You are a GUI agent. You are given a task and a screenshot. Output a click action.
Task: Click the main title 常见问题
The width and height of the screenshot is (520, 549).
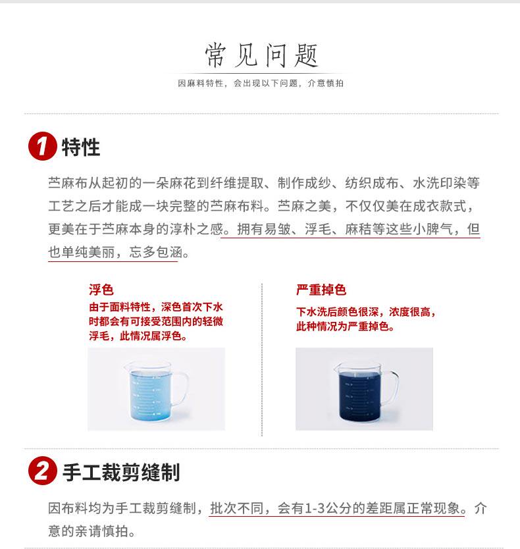261,55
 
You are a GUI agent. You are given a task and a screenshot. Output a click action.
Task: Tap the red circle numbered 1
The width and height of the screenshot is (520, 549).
42,146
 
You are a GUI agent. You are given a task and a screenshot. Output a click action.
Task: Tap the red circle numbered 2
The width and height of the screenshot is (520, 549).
42,471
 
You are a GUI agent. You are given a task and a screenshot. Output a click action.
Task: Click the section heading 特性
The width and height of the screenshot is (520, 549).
81,147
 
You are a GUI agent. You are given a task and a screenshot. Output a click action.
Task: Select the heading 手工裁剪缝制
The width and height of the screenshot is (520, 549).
121,472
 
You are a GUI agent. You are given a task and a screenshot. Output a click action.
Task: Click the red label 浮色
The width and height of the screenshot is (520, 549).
101,290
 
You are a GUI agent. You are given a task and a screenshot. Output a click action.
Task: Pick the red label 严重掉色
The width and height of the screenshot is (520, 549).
321,290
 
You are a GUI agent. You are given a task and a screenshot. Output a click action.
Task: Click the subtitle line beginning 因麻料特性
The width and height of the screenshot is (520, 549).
261,84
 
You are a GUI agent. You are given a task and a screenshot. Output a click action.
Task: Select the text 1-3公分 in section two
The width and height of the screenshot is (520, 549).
328,508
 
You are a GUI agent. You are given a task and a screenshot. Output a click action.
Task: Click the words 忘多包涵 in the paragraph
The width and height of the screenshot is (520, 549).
156,252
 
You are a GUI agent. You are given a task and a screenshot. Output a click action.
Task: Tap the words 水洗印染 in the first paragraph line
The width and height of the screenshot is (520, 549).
440,183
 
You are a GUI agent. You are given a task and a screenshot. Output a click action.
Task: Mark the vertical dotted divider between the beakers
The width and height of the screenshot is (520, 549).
262,359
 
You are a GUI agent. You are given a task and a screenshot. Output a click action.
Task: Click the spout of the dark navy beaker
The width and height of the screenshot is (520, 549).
337,367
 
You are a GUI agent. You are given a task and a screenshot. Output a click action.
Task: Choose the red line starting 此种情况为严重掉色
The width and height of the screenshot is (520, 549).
346,327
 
